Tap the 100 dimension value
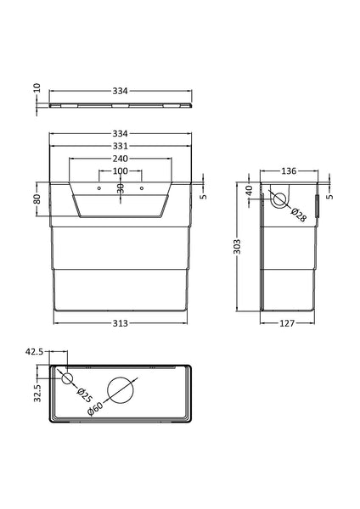[x=120, y=173]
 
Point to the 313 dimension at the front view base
[x=119, y=323]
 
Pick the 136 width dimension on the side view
[x=290, y=171]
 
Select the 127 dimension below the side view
[x=290, y=323]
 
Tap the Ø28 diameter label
[x=299, y=215]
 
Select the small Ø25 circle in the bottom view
[x=68, y=378]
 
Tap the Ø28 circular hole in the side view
[x=278, y=201]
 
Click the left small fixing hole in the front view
[x=98, y=187]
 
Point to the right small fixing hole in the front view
[x=141, y=187]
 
